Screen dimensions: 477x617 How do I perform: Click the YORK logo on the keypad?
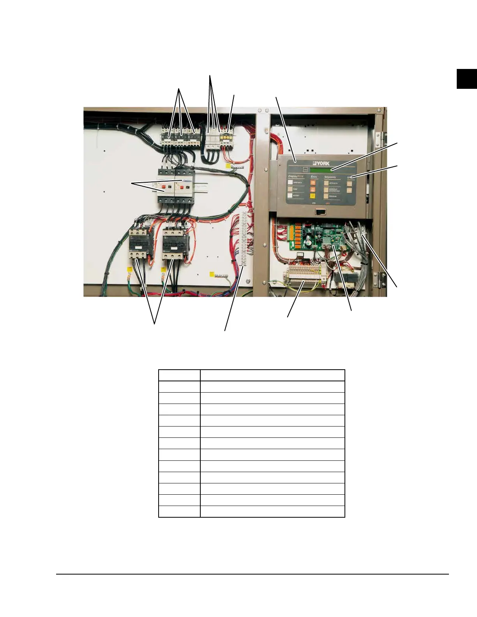click(321, 163)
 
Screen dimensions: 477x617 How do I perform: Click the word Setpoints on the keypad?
click(330, 177)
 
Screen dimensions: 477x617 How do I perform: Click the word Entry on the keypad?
click(314, 177)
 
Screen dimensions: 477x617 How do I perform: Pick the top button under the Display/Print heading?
click(290, 183)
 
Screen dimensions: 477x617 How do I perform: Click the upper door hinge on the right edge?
click(383, 137)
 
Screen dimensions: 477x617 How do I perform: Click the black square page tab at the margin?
click(466, 79)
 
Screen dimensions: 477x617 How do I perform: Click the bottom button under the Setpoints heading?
click(326, 196)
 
